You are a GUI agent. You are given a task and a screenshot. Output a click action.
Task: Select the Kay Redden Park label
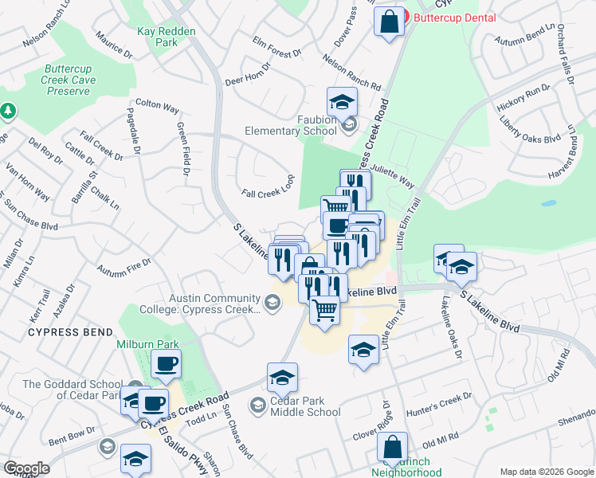(167, 36)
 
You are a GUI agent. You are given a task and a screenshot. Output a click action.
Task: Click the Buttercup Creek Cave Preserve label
(70, 80)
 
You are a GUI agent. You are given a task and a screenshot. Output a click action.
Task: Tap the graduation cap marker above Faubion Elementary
(342, 103)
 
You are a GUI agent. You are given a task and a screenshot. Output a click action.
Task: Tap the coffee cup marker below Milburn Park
(166, 364)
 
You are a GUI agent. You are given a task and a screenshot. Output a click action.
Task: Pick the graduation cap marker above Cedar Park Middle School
(282, 378)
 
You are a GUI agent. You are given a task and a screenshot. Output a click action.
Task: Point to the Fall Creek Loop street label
(269, 194)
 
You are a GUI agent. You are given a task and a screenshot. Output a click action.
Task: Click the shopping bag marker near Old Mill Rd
(392, 448)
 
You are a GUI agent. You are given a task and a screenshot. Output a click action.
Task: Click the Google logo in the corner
(25, 468)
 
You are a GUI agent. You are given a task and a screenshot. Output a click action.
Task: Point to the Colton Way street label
(157, 104)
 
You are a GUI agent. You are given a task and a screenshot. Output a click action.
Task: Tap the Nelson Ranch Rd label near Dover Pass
(351, 72)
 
